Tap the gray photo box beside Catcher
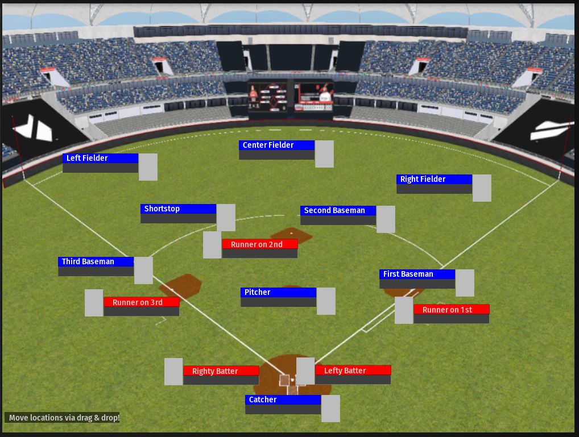330,409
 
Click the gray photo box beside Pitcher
326,301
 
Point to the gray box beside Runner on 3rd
94,303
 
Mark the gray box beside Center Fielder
324,154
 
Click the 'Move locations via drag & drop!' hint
64,418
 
